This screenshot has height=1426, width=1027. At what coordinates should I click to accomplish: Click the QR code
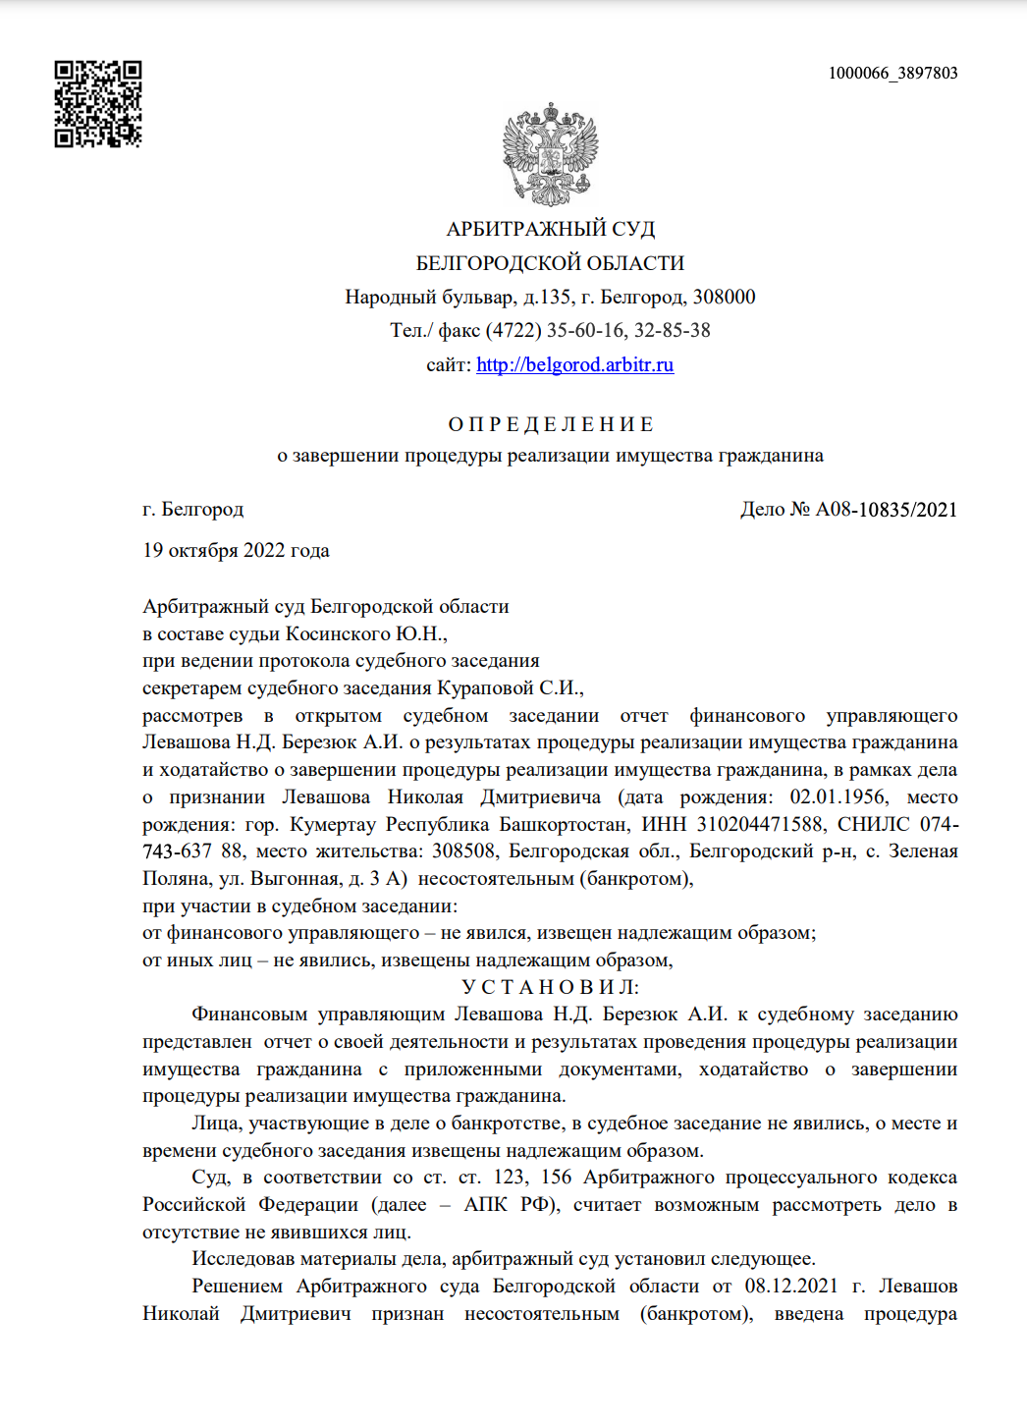(x=97, y=104)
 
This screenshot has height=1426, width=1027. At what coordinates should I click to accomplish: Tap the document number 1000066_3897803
(x=892, y=73)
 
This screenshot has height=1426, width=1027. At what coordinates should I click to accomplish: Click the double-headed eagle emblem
(x=550, y=154)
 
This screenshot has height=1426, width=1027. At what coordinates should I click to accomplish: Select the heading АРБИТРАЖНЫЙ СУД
(x=550, y=229)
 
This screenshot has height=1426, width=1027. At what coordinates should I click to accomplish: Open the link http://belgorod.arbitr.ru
(x=574, y=365)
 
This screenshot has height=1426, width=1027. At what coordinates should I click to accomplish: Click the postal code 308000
(x=724, y=297)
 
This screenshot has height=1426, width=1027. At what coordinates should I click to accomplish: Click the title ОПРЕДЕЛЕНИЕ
(x=550, y=424)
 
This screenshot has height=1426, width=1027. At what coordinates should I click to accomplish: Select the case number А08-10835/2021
(x=886, y=509)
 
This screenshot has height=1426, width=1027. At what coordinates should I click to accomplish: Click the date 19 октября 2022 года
(x=236, y=550)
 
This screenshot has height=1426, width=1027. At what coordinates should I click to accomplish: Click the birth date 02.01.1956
(x=838, y=796)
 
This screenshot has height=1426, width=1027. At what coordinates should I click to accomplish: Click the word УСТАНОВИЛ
(x=550, y=987)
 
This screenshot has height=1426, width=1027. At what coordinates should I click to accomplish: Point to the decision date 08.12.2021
(x=790, y=1286)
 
